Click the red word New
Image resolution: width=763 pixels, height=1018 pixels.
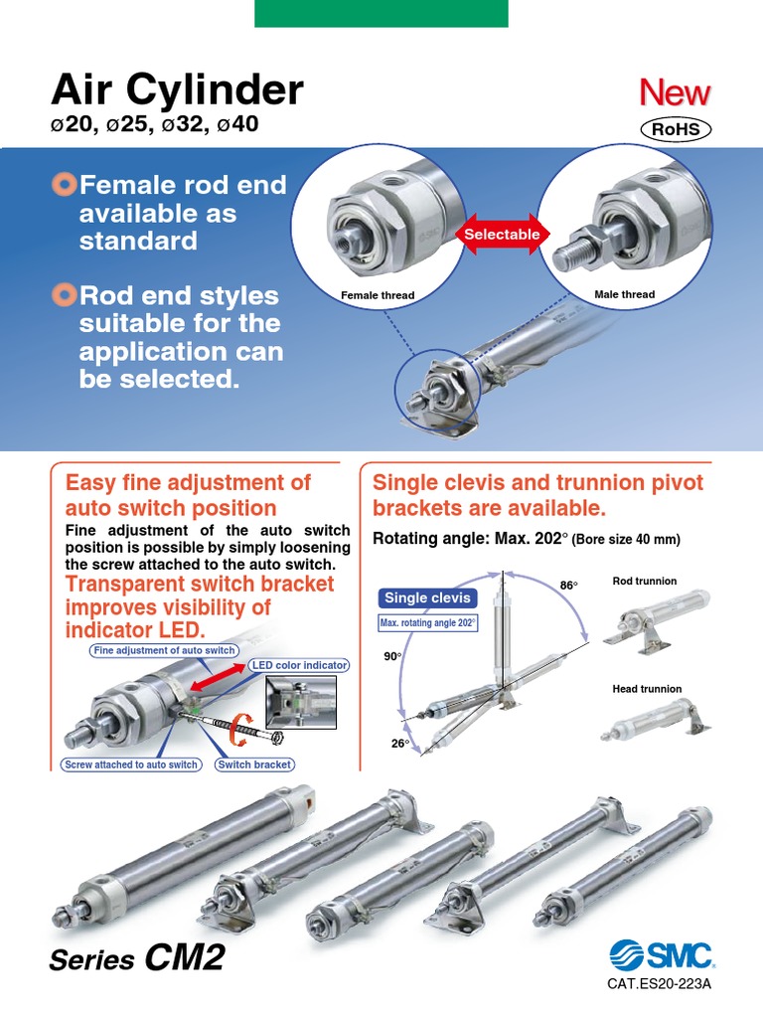675,93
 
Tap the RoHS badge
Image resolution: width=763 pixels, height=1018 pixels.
676,129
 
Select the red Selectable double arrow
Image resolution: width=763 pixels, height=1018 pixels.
502,234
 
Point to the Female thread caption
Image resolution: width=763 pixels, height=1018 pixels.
378,295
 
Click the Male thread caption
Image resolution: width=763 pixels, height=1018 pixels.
624,294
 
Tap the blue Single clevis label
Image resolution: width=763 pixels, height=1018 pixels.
428,598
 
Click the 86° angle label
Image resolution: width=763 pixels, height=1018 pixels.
568,586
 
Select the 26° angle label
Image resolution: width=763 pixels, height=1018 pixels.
400,744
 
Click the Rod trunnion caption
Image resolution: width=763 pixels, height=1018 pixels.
645,581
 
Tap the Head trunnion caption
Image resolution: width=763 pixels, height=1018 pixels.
647,689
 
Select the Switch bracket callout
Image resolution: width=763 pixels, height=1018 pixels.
254,764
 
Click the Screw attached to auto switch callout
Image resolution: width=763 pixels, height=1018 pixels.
131,764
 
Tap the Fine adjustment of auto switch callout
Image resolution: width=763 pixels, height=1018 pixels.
164,650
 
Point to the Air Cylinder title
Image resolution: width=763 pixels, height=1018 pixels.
177,91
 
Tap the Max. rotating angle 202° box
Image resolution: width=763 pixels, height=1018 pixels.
428,623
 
